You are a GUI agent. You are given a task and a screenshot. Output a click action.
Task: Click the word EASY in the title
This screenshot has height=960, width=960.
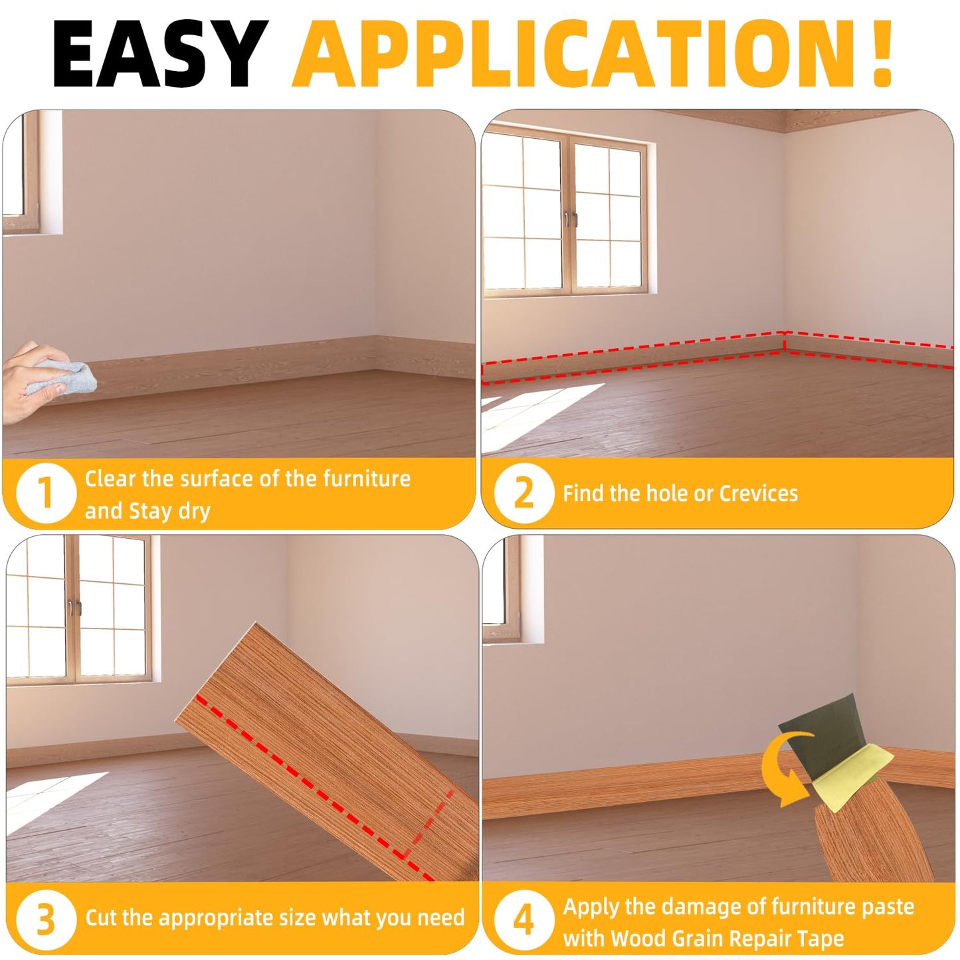pos(159,54)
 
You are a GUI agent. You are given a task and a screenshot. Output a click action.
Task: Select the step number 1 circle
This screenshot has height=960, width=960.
pos(45,494)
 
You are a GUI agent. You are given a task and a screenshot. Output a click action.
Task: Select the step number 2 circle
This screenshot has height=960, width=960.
pos(524,494)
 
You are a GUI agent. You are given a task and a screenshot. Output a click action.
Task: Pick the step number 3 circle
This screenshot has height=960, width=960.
pos(45,919)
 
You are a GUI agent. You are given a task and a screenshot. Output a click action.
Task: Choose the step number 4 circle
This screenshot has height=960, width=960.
pos(524,919)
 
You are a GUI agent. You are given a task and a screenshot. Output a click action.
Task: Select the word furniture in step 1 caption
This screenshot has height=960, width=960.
pos(366,478)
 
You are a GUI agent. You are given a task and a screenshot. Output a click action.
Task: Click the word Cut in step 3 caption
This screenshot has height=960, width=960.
pos(100,917)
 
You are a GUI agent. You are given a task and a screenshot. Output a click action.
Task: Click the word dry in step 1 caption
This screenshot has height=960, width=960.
pos(194,510)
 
